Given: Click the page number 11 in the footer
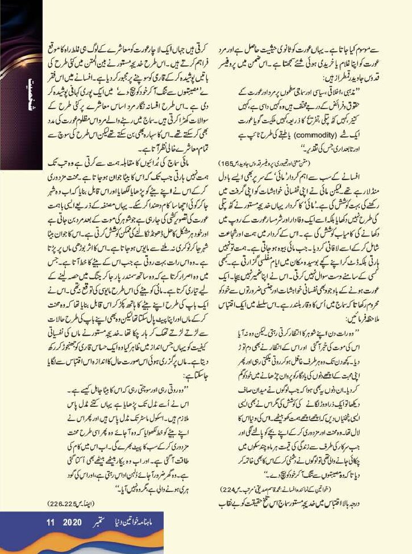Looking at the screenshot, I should [50, 522].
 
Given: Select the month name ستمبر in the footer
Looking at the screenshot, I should [102, 522].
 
